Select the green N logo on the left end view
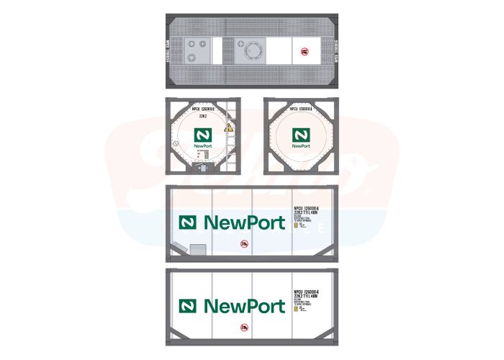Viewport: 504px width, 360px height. [202, 135]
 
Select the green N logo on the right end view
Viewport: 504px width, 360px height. [298, 135]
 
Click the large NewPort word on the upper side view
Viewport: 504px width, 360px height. [245, 222]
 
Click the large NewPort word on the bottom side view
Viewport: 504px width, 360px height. [245, 305]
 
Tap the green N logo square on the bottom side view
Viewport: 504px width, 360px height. [189, 305]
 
